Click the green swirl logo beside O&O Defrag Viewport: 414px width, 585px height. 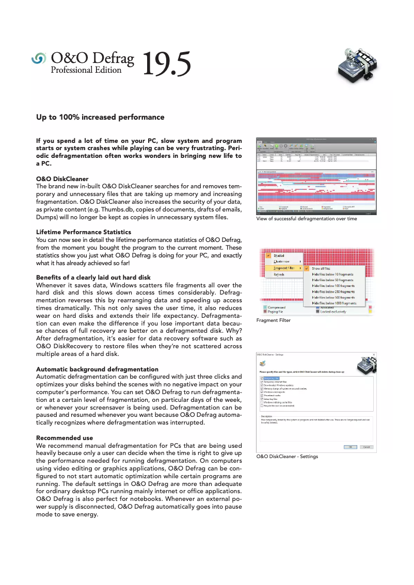pos(39,59)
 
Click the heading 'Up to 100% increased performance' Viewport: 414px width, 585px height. pos(100,117)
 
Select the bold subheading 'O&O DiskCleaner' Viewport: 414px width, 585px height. pos(62,178)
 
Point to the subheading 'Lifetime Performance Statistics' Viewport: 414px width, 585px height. pos(84,232)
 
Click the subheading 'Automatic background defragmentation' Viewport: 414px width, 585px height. pos(97,369)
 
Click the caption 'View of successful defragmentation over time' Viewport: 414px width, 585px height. pos(307,219)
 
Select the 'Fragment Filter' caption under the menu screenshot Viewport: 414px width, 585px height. pos(274,320)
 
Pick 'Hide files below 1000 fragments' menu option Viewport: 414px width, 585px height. pos(333,303)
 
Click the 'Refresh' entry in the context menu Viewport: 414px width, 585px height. pos(279,274)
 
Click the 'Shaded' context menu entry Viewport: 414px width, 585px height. pos(279,256)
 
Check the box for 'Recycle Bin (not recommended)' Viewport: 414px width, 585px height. pos(262,406)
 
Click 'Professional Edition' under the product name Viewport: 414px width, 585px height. pos(86,70)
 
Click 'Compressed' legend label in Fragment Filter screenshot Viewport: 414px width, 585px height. pos(276,307)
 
